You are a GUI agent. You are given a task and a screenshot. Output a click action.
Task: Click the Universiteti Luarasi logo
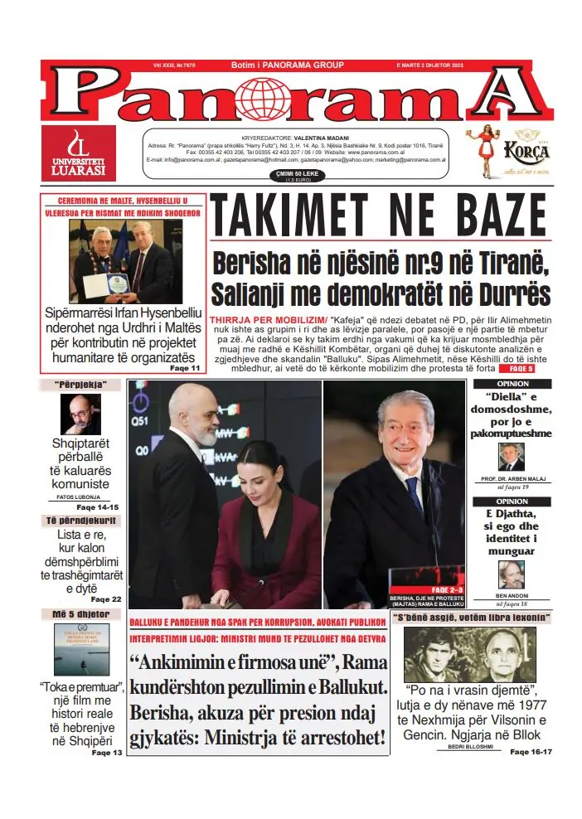pos(79,154)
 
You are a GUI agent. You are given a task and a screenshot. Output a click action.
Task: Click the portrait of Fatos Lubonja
pos(80,414)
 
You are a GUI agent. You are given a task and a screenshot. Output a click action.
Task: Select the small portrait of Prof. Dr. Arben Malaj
pos(511,457)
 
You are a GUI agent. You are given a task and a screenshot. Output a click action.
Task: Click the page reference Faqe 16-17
pos(531,751)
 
